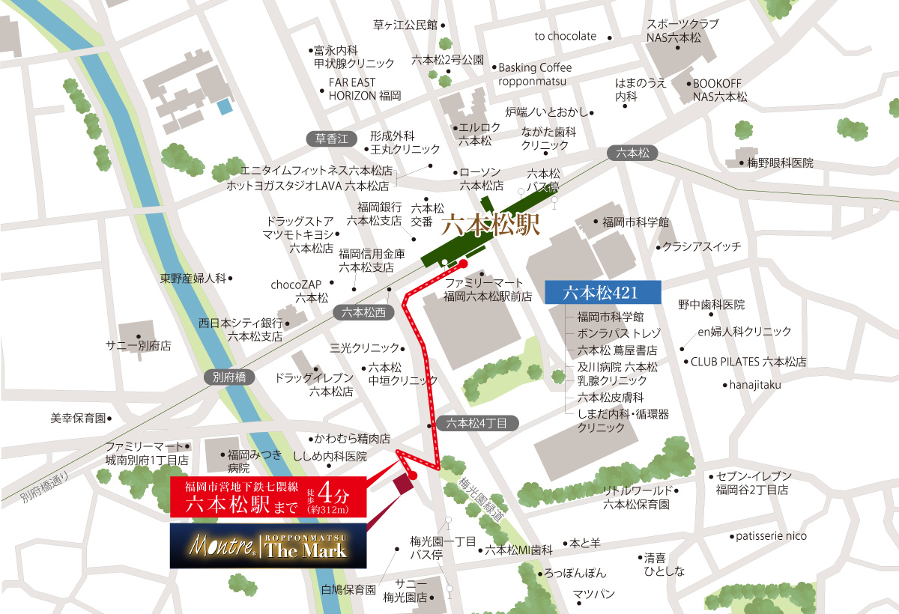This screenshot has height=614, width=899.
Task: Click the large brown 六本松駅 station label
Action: point(491,225)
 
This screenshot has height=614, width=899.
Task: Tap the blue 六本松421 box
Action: point(602,292)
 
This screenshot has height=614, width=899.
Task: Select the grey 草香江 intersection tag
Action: point(332,139)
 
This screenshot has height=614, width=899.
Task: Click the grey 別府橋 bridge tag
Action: point(229,377)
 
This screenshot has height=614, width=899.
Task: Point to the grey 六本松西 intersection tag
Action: point(363,313)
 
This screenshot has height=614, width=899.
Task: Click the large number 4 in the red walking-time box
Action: point(327,492)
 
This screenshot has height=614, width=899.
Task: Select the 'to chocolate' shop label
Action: point(566,36)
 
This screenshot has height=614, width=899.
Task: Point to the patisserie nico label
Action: point(771,536)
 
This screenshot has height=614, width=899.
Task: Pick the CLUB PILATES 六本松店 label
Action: point(748,362)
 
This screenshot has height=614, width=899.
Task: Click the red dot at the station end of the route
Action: point(463,264)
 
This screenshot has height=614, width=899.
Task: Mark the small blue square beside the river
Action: point(225,107)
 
